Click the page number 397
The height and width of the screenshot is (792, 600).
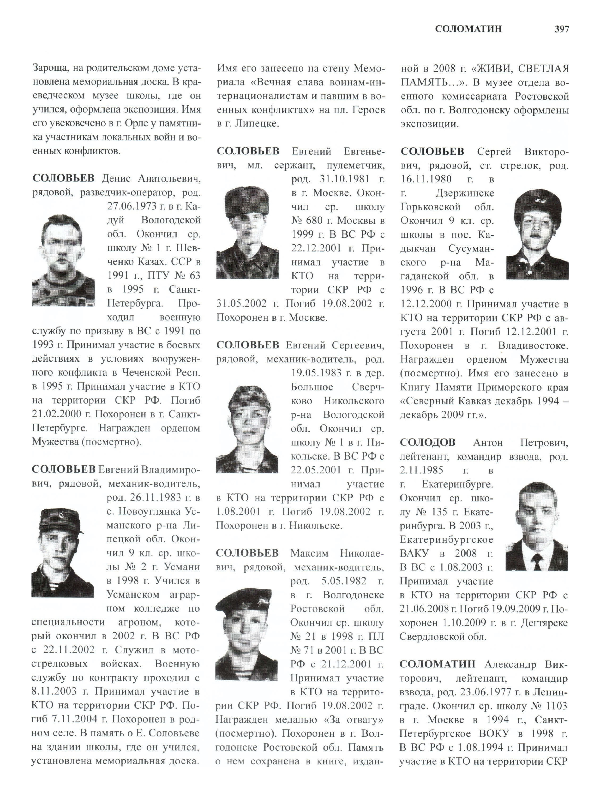[561, 29]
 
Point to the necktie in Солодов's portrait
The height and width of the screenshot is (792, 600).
[537, 561]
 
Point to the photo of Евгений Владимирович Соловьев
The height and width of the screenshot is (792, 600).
[63, 553]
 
